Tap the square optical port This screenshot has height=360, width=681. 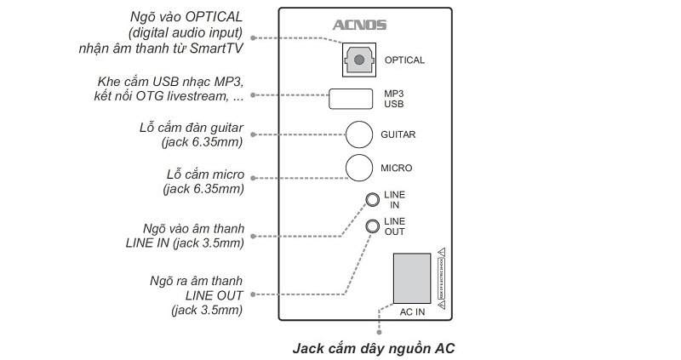[x=360, y=60]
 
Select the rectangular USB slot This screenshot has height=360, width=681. [x=350, y=98]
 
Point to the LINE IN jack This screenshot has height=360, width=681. [x=372, y=200]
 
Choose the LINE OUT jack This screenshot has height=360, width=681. [x=372, y=226]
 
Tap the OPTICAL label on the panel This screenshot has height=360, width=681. [x=404, y=60]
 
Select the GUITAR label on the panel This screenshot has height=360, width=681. [x=398, y=134]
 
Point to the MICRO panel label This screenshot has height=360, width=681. [x=396, y=168]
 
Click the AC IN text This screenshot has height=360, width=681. [x=412, y=311]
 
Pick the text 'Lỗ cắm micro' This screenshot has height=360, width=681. [x=205, y=174]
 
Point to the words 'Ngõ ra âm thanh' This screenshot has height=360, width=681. [x=197, y=280]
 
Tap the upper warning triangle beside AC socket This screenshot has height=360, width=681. [x=442, y=251]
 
